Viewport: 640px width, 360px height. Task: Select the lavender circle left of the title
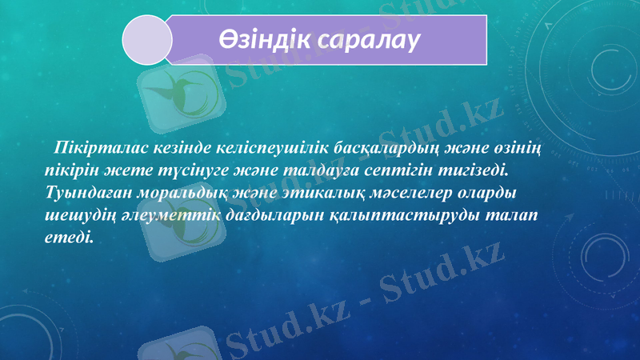(x=146, y=39)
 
